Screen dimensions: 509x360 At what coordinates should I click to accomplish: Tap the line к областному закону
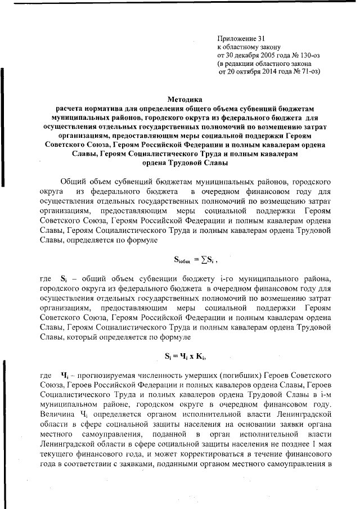tap(249, 47)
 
